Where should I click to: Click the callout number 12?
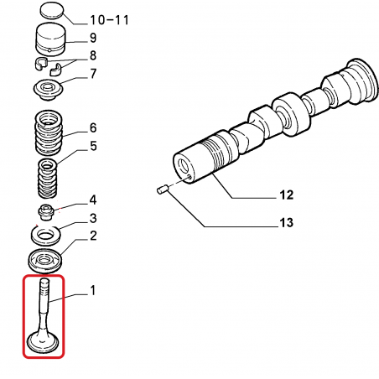[x=287, y=195]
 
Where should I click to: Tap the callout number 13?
[x=287, y=223]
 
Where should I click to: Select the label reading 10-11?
[x=109, y=20]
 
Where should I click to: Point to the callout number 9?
[x=93, y=38]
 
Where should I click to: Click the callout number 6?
[x=93, y=127]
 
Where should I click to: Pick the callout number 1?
[x=93, y=290]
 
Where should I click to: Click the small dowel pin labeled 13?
[x=162, y=189]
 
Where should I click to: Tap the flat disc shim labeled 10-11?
[x=52, y=11]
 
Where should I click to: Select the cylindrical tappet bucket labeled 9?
[x=51, y=39]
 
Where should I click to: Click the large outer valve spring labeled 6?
[x=49, y=132]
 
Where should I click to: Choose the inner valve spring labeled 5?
[x=48, y=178]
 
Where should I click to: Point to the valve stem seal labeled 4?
[x=45, y=212]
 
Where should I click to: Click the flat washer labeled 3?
[x=45, y=234]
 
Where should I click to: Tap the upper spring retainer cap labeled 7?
[x=48, y=90]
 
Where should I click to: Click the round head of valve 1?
[x=43, y=342]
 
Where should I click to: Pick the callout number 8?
[x=93, y=55]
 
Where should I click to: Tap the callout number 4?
[x=93, y=200]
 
